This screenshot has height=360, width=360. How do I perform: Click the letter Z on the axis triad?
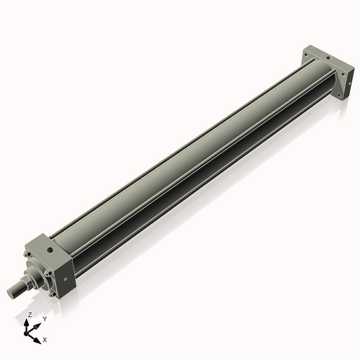point(30,315)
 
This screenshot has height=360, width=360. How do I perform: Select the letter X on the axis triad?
point(45,338)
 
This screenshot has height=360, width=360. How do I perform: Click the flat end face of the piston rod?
point(11,292)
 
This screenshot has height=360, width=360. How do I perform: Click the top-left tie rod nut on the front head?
point(26,253)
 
